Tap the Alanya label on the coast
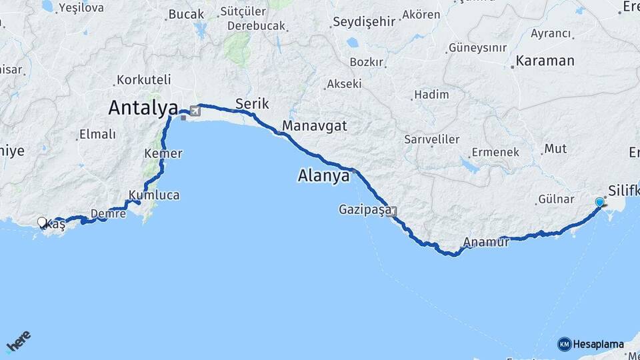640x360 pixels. (323, 177)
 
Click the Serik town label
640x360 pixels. (252, 103)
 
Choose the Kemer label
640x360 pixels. (163, 153)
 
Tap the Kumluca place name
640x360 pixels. (154, 195)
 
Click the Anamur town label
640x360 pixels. (487, 243)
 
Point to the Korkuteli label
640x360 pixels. (144, 79)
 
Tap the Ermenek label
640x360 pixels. (495, 152)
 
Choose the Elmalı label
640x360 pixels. (97, 135)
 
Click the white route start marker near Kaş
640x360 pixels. (42, 222)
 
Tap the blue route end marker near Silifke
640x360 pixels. (600, 201)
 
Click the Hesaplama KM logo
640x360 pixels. (591, 344)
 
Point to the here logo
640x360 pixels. (19, 341)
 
